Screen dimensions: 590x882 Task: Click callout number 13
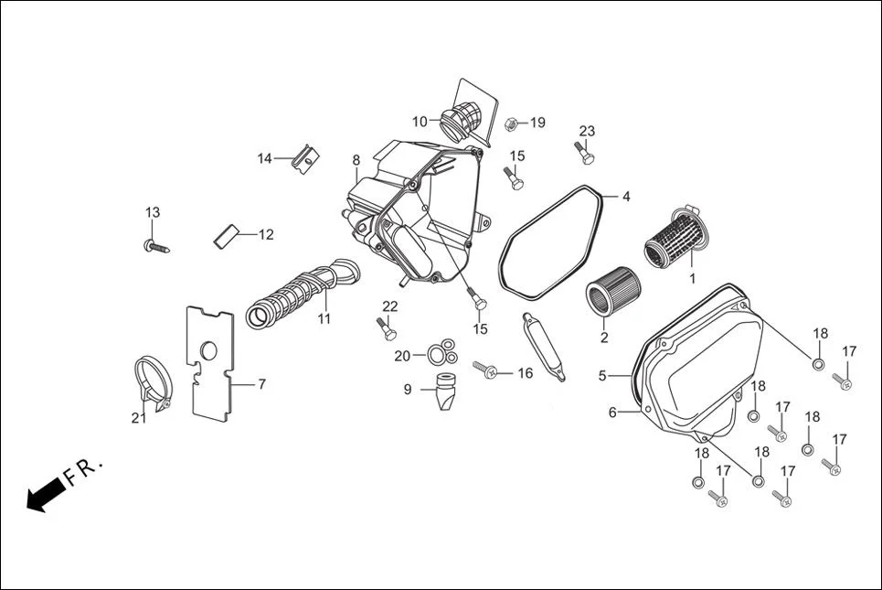153,212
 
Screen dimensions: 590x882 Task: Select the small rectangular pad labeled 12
225,234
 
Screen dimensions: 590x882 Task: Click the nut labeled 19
513,123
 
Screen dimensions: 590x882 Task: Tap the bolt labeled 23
583,153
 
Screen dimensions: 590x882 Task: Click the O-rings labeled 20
441,351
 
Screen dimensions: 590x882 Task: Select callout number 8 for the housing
356,161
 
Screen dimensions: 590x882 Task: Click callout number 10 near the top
420,122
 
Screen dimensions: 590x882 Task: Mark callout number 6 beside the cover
612,413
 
